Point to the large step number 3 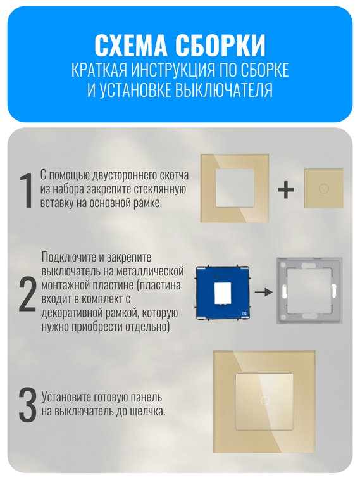pos(26,405)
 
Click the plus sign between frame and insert pos(286,189)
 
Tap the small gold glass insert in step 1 pos(323,188)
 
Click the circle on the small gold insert pos(323,188)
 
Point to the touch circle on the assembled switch pos(264,401)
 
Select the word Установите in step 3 pos(69,398)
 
